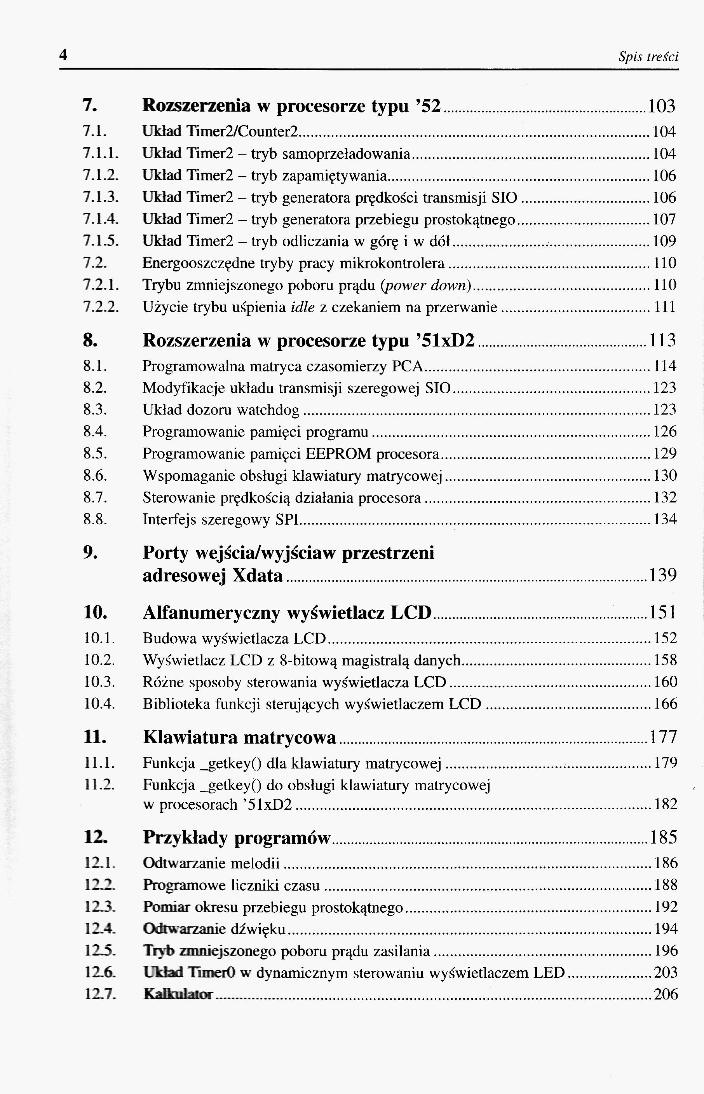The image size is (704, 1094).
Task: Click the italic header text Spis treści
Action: [x=648, y=57]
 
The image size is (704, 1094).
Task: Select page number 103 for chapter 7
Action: [x=662, y=106]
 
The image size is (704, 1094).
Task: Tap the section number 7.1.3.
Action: [x=101, y=198]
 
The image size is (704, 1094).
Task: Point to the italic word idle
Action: [x=303, y=307]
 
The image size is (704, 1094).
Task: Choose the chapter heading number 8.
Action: [x=90, y=340]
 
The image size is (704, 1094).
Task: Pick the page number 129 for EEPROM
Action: [x=664, y=453]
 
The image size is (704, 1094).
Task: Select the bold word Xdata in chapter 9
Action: [x=258, y=576]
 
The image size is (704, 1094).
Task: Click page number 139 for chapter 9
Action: [x=662, y=575]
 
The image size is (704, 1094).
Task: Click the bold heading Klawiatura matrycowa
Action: [x=240, y=737]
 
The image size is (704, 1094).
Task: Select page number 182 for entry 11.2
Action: [x=665, y=804]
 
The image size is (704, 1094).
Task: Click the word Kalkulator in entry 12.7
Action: [x=178, y=994]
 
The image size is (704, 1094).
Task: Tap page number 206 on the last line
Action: [x=666, y=994]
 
